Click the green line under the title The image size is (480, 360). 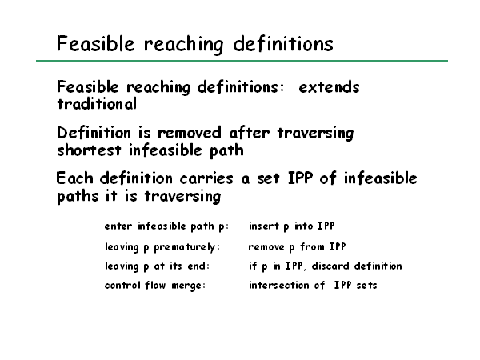pos(242,61)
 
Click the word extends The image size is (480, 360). pos(329,87)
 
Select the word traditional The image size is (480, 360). pos(97,104)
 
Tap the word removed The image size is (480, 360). pos(189,133)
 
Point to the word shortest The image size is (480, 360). pos(89,150)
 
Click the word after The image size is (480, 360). pos(249,133)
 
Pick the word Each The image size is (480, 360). pos(74,178)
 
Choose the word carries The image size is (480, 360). pos(206,178)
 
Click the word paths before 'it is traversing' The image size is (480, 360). pos(78,196)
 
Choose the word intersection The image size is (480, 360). pos(279,286)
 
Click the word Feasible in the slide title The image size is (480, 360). pos(95,43)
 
